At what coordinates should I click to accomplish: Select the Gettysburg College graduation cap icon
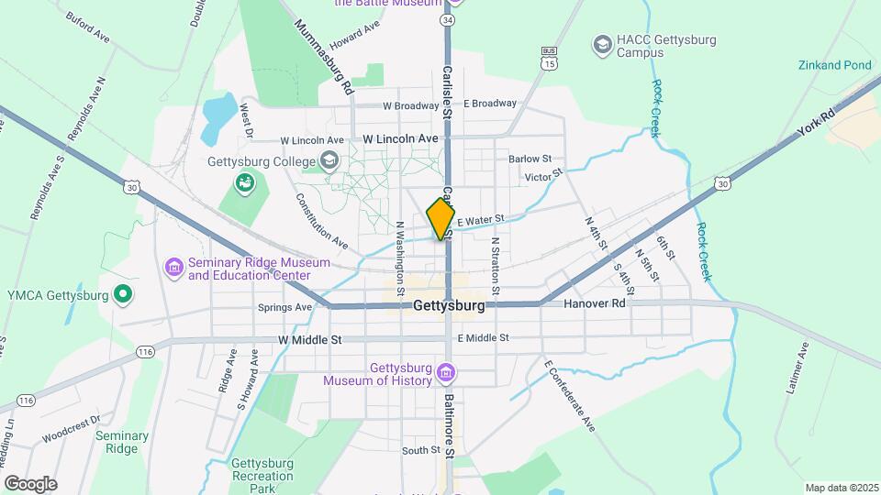click(329, 162)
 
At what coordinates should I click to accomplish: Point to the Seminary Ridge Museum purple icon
click(173, 267)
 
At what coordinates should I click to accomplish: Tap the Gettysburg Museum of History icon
click(446, 373)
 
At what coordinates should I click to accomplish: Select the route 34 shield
click(447, 18)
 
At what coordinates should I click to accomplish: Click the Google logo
click(31, 483)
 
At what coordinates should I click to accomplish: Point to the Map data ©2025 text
click(841, 488)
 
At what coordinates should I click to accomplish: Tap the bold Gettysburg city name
click(449, 305)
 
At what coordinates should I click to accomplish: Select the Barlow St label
click(530, 159)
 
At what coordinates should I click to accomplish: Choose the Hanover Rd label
click(594, 303)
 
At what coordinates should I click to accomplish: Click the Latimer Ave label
click(797, 368)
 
